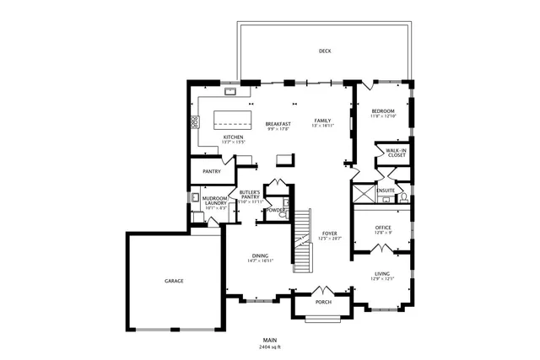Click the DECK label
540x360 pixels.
[325, 51]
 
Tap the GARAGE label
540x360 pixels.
[174, 281]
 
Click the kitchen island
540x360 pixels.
[234, 118]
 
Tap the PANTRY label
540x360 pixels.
[211, 171]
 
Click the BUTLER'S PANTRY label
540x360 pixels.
[251, 195]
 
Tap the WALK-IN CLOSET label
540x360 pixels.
[396, 153]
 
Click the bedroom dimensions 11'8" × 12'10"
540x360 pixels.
[384, 116]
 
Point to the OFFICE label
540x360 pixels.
[384, 228]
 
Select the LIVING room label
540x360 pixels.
[382, 274]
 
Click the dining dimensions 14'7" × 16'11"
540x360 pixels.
[260, 261]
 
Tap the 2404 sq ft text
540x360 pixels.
[270, 347]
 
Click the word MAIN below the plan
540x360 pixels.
[270, 341]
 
